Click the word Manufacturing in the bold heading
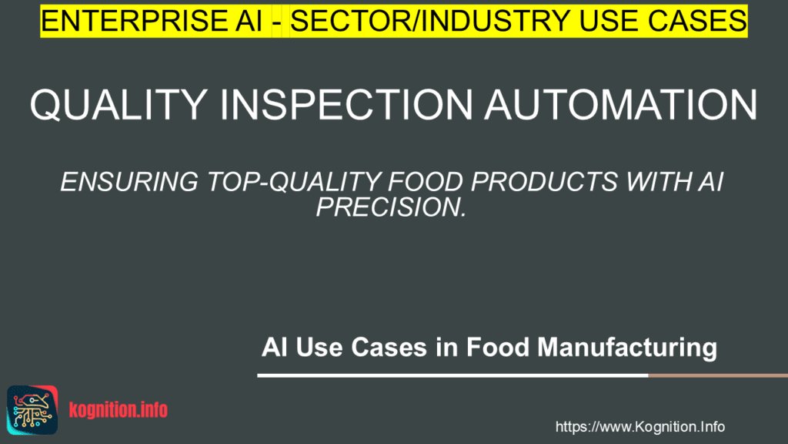627,348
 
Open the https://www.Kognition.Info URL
639,426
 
